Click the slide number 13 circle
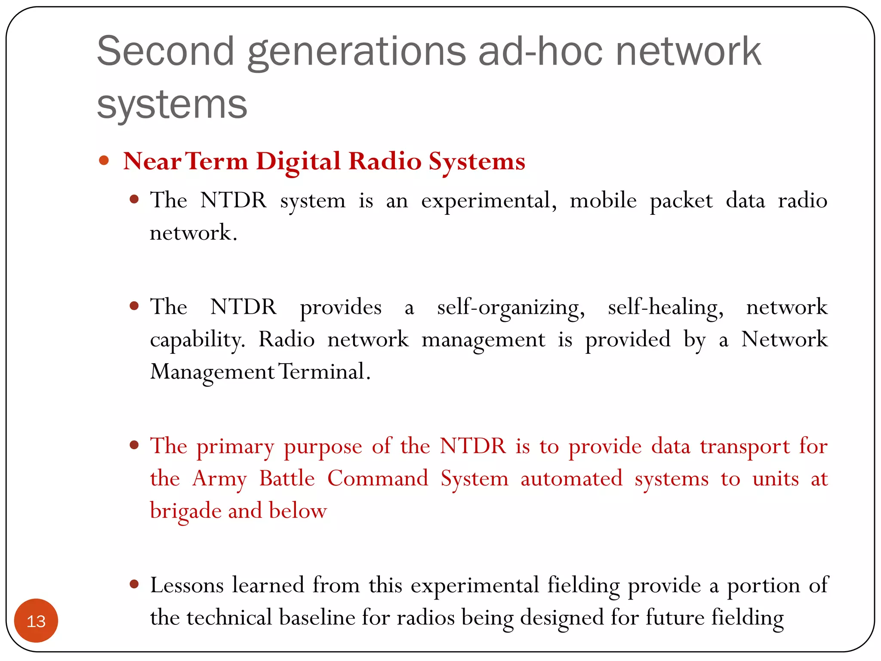coord(36,621)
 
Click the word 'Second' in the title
coord(165,51)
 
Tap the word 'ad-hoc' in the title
coord(540,51)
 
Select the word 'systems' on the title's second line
coord(172,105)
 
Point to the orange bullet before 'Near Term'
coord(104,161)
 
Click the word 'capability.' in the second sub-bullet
coord(197,340)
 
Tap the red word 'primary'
coord(235,447)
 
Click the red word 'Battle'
coord(287,479)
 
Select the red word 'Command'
coord(378,479)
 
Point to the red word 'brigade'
coord(186,511)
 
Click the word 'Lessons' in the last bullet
coord(187,585)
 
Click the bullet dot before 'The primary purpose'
coord(134,445)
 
